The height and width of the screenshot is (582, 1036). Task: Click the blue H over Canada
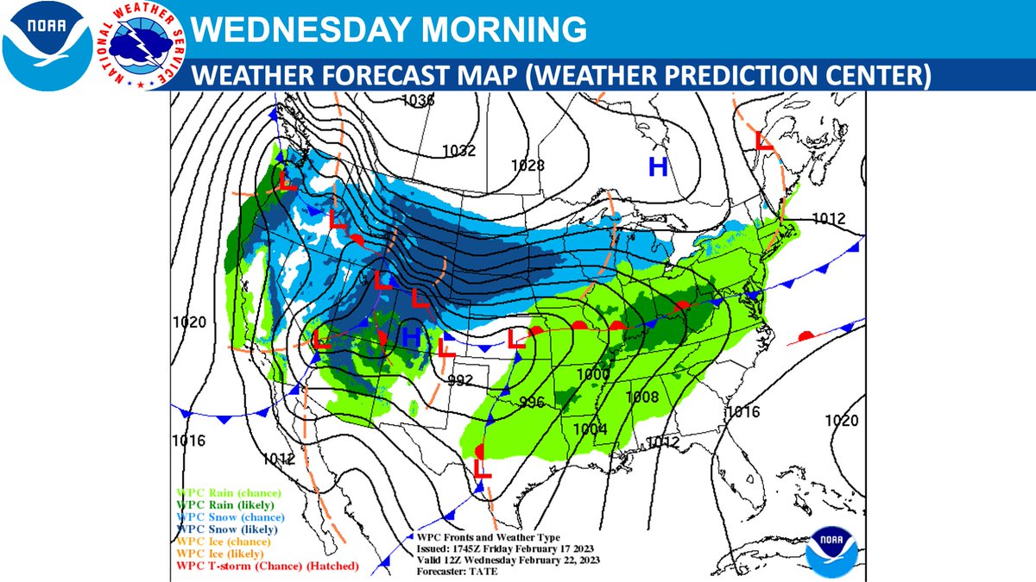(x=658, y=167)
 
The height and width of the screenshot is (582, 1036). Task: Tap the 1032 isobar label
(x=458, y=151)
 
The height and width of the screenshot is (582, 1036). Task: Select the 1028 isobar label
(x=527, y=165)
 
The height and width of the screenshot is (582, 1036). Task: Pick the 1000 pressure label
(x=594, y=374)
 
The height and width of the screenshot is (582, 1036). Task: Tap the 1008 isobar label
(x=642, y=397)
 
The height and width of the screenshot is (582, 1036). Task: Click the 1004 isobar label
(x=590, y=429)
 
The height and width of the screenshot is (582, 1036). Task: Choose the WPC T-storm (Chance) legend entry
(x=268, y=566)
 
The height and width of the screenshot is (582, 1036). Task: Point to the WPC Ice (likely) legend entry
(x=223, y=553)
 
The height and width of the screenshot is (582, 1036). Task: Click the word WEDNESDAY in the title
(x=295, y=31)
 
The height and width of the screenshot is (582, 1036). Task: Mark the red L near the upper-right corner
(x=764, y=141)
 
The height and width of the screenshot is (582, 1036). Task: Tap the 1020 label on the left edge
(x=189, y=322)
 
